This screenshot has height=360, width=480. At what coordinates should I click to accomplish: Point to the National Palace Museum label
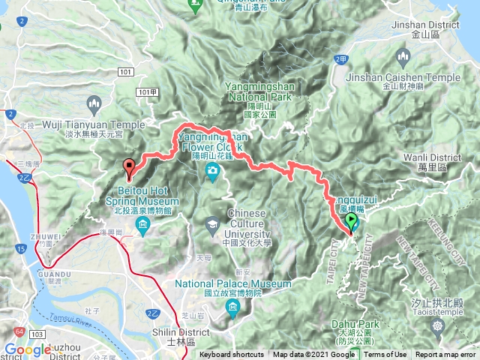[x=232, y=289]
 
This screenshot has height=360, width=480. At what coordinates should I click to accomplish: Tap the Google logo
[x=28, y=349]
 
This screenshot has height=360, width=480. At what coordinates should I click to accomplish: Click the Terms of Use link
[x=385, y=355]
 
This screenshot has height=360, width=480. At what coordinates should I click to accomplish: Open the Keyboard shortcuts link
[x=232, y=355]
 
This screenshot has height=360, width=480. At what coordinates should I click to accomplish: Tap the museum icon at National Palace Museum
[x=232, y=310]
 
